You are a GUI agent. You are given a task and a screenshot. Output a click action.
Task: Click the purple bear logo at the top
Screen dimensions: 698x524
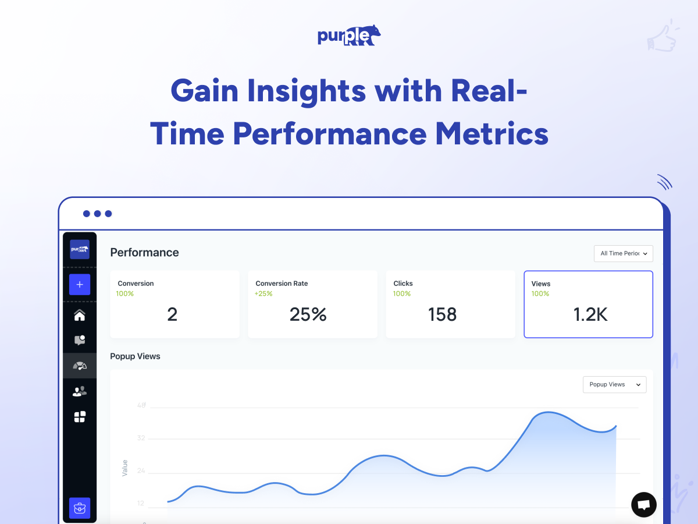click(349, 36)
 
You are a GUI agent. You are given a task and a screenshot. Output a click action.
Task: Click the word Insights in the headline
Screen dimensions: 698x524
click(307, 91)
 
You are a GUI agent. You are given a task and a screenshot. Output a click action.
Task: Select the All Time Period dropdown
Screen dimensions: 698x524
click(624, 254)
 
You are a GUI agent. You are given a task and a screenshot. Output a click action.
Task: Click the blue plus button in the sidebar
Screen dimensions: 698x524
click(80, 285)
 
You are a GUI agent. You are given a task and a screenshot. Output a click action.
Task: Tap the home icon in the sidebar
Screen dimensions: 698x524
click(80, 316)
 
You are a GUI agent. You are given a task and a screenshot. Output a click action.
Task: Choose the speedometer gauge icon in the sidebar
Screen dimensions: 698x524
click(80, 366)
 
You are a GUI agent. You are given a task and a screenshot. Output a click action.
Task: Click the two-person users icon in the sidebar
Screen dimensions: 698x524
click(80, 391)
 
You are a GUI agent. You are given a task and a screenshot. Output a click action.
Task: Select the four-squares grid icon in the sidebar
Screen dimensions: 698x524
click(80, 417)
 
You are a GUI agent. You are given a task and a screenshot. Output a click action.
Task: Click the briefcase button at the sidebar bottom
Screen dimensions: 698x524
click(80, 508)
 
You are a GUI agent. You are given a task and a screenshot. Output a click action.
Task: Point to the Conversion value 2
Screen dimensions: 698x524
click(172, 314)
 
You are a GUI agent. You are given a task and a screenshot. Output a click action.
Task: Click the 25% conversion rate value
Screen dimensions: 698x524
click(308, 314)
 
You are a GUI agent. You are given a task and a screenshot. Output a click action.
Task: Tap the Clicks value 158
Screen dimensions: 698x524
click(442, 314)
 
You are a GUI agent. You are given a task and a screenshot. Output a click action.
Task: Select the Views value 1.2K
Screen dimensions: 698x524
click(590, 314)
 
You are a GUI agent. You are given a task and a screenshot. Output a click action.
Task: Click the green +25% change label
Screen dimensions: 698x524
click(263, 293)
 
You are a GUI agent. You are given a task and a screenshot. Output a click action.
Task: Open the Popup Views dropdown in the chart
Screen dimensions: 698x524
click(615, 385)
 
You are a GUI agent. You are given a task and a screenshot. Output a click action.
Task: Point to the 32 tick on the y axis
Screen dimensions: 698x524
click(141, 438)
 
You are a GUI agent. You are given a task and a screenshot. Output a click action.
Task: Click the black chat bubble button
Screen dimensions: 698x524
click(644, 505)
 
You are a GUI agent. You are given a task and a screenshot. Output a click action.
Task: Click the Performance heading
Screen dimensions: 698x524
click(144, 253)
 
